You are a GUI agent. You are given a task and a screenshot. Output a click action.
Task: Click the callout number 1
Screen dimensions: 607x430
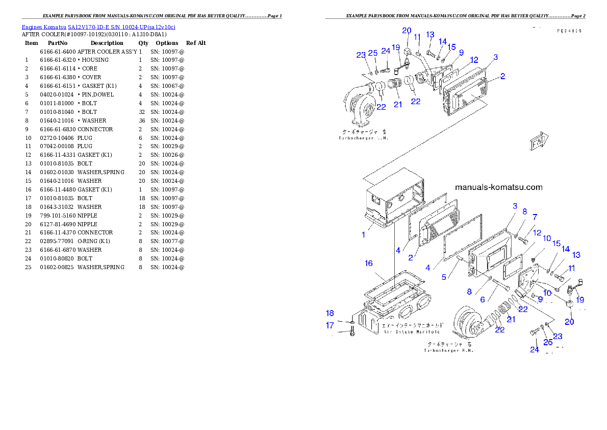point(364,235)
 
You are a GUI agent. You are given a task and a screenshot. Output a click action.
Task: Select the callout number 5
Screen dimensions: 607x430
point(444,277)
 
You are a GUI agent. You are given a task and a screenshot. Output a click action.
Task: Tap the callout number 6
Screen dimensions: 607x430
point(482,300)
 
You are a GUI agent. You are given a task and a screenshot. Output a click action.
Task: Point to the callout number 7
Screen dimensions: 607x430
point(535,217)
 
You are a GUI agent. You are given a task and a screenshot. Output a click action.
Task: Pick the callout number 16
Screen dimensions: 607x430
point(369,264)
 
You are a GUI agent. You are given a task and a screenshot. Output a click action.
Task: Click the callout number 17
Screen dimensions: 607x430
point(330,325)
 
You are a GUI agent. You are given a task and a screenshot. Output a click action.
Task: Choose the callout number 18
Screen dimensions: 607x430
point(330,313)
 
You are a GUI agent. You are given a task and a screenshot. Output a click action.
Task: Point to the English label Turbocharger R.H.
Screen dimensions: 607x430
point(448,350)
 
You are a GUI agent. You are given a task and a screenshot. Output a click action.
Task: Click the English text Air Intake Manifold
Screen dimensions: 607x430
point(412,331)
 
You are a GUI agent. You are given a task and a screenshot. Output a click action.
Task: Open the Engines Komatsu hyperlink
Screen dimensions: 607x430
point(98,27)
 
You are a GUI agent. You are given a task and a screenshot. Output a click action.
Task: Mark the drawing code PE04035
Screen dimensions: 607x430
point(569,31)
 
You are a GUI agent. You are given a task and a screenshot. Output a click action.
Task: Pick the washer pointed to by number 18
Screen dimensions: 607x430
point(352,322)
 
